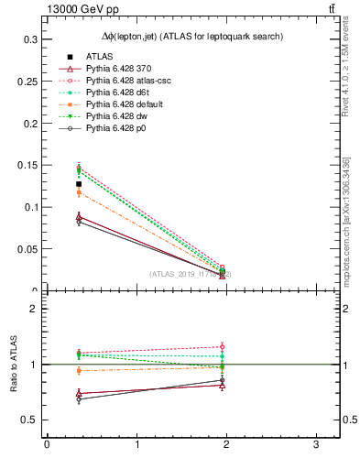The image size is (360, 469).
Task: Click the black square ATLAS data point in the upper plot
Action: pos(79,184)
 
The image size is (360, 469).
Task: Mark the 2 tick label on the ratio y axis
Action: pos(35,309)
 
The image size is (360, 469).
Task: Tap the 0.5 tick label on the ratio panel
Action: pos(31,420)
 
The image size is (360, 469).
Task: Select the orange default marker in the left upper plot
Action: pos(79,192)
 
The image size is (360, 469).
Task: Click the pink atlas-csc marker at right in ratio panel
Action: pos(223,346)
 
